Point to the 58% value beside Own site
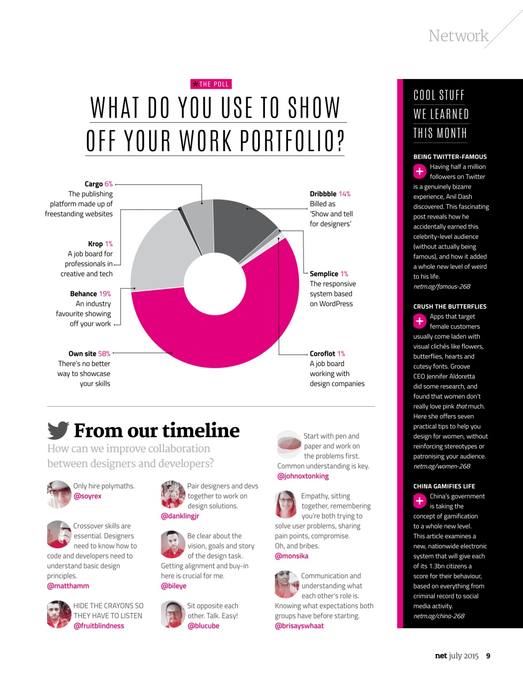[104, 354]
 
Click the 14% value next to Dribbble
[345, 194]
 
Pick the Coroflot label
[323, 354]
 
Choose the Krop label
[95, 244]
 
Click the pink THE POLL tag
[211, 84]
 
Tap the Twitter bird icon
[58, 430]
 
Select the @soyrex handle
[88, 496]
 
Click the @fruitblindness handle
[99, 626]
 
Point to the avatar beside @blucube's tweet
[173, 615]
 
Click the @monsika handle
[292, 556]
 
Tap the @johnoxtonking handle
[303, 476]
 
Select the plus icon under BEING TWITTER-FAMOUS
[420, 172]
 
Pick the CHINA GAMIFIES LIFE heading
[444, 486]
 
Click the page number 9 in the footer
[488, 656]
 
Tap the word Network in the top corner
[458, 36]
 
